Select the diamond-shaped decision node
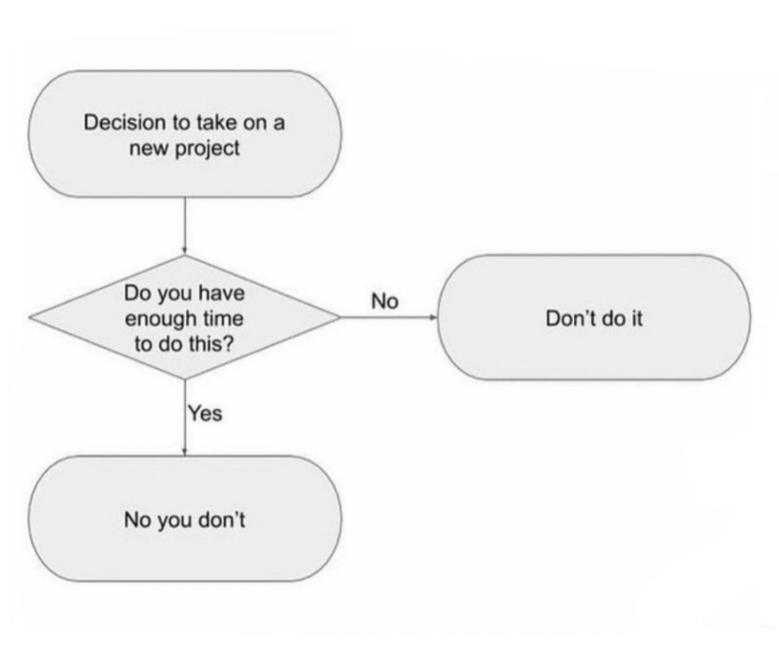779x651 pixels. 185,317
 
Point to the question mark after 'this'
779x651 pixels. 228,344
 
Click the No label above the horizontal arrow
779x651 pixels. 384,301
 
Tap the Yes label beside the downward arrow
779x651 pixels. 205,413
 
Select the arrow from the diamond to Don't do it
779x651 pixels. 389,317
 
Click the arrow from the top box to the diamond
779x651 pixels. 185,226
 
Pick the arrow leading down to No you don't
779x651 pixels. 185,417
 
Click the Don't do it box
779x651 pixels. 594,317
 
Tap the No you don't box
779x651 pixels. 185,519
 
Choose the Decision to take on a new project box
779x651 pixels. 185,134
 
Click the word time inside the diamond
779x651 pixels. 224,319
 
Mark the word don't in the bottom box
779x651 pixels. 221,519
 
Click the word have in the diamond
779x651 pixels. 222,293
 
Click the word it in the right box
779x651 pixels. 636,319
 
